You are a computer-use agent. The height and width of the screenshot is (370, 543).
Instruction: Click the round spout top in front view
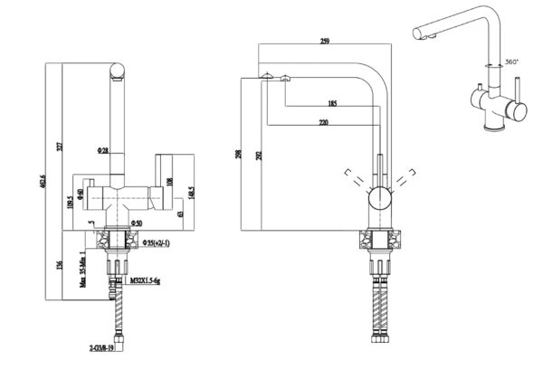point(115,71)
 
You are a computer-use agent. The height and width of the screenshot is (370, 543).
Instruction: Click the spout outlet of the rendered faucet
point(419,35)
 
